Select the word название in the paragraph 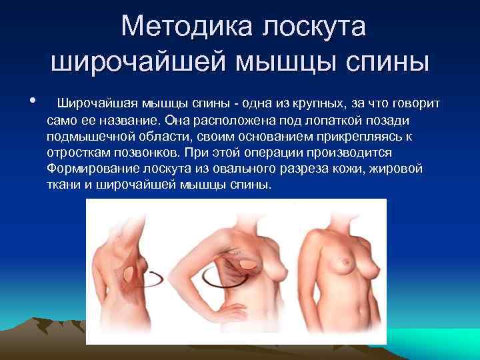tap(123, 120)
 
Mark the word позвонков tap(153, 153)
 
